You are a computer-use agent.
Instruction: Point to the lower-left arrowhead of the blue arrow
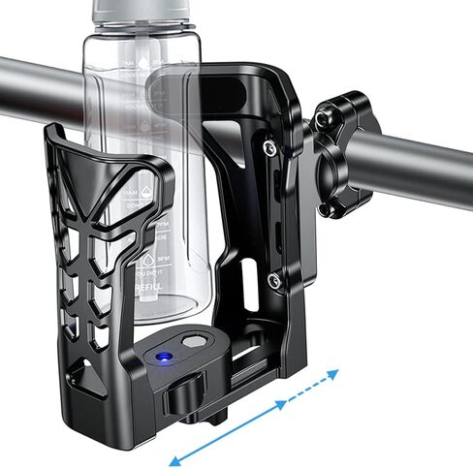175,458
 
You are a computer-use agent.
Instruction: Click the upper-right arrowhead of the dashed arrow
335,373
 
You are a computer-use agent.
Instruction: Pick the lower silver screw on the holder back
276,282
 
